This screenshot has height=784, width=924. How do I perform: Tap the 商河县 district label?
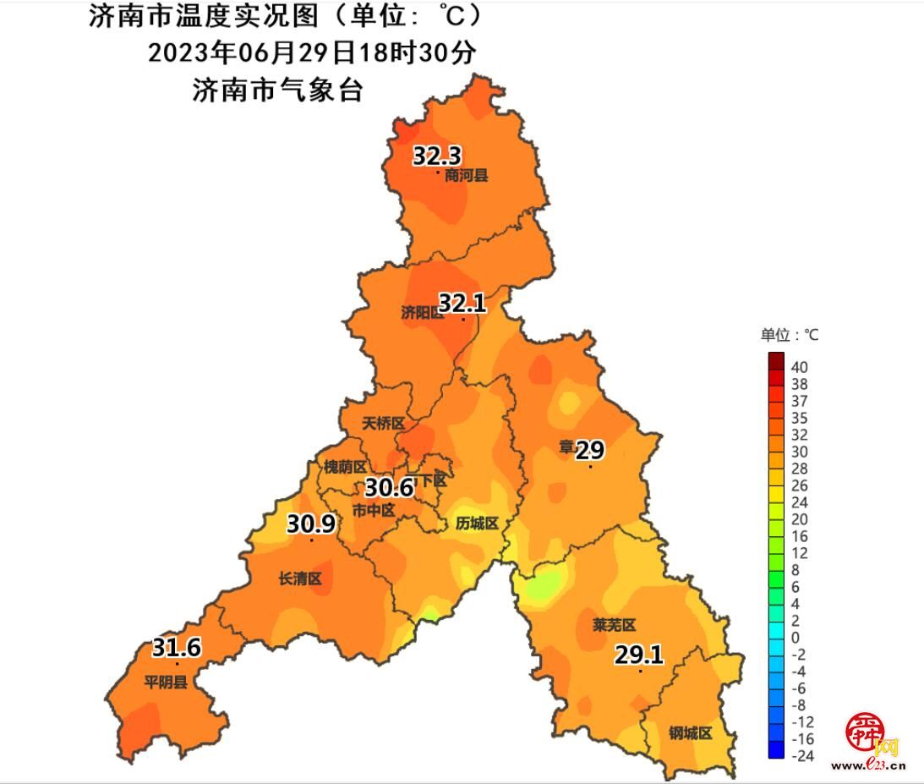[x=467, y=176]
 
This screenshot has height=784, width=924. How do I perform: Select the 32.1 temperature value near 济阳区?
[x=462, y=303]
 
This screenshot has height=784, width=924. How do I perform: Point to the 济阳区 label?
[x=422, y=312]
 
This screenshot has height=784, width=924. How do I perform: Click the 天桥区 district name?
[x=384, y=423]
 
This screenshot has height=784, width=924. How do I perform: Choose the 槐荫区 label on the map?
[x=345, y=467]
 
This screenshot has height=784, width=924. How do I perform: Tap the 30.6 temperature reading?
[x=388, y=487]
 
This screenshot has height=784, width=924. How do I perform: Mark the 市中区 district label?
[x=373, y=510]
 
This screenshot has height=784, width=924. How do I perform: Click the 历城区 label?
[x=478, y=524]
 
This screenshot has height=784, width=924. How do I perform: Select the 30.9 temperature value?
[x=310, y=524]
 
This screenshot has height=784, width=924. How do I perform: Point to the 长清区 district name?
[x=300, y=578]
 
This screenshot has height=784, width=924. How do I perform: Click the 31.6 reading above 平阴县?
[x=177, y=649]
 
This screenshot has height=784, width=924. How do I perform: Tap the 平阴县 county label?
[x=165, y=682]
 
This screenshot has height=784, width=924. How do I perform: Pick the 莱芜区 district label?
[x=614, y=625]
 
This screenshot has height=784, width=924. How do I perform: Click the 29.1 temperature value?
[x=638, y=655]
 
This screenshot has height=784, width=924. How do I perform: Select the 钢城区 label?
[x=691, y=733]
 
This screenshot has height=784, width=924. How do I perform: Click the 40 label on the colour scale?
[x=800, y=367]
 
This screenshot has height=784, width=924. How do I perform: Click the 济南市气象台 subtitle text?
[x=278, y=90]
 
